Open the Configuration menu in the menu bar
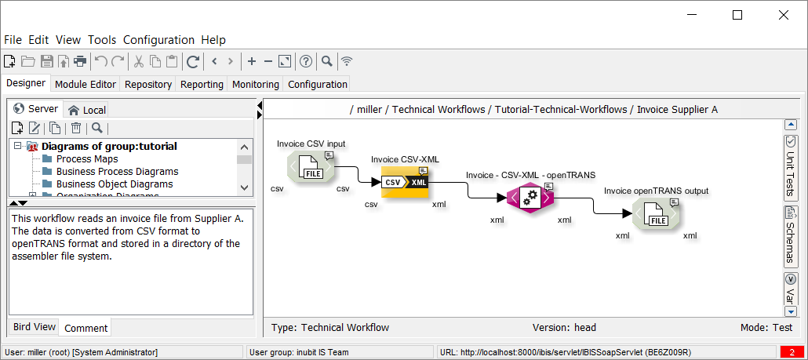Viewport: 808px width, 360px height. coord(158,40)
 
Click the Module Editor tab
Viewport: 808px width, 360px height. coord(86,84)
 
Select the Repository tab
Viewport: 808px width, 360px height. coord(148,84)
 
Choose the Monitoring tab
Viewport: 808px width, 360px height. coord(255,84)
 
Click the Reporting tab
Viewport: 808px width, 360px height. coord(202,84)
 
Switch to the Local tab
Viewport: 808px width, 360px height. coord(87,110)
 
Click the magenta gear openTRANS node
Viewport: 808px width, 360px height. coord(530,198)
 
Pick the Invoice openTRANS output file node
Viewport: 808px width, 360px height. coord(656,214)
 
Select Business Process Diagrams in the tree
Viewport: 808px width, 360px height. coord(117,172)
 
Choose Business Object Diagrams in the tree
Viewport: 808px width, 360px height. coord(114,184)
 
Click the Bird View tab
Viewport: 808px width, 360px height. coord(35,327)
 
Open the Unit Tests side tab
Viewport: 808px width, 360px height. coord(791,168)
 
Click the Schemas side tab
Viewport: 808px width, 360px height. coord(791,235)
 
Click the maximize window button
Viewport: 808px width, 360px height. coord(737,15)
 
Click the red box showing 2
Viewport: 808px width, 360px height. coord(792,353)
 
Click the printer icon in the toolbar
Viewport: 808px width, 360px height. coord(79,61)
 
